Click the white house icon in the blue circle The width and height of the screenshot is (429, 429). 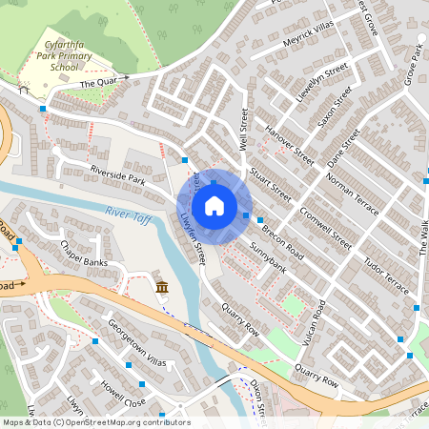pyautogui.click(x=214, y=205)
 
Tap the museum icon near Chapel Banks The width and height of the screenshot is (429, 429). pyautogui.click(x=161, y=287)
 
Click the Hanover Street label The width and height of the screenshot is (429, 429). pyautogui.click(x=289, y=146)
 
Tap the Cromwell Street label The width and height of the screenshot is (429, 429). pyautogui.click(x=320, y=230)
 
